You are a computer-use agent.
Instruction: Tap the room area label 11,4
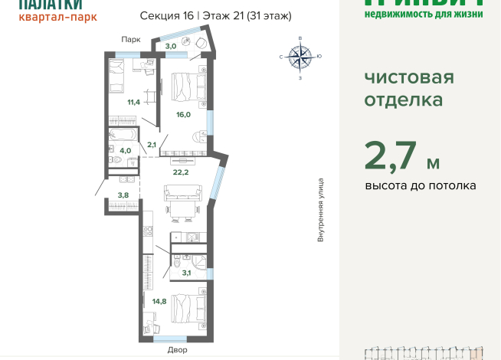pyautogui.click(x=133, y=102)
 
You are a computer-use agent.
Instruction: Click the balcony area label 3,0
pyautogui.click(x=171, y=47)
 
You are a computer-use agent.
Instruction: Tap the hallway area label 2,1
pyautogui.click(x=152, y=145)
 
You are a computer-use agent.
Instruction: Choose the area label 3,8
pyautogui.click(x=123, y=195)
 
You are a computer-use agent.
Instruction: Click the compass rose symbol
pyautogui.click(x=300, y=57)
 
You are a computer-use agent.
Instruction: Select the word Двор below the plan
pyautogui.click(x=176, y=350)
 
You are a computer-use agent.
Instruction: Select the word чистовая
pyautogui.click(x=409, y=77)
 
